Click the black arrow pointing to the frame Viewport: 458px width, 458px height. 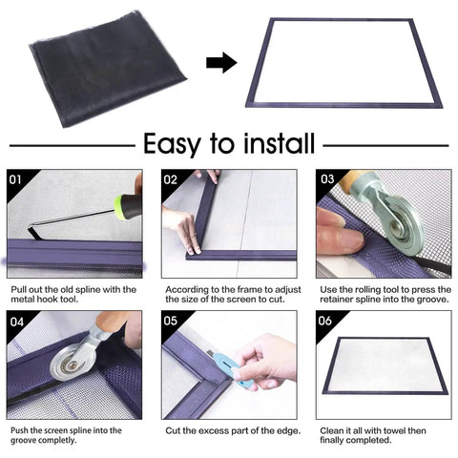[x=221, y=63]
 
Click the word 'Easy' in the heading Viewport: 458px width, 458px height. [x=174, y=144]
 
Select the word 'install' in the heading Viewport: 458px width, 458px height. [x=270, y=144]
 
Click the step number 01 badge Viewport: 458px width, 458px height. [x=15, y=178]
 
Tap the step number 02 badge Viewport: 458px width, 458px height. [x=171, y=178]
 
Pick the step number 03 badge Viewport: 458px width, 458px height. [x=326, y=178]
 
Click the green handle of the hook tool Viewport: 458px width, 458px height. [x=127, y=204]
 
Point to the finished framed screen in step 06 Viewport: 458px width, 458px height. [x=380, y=365]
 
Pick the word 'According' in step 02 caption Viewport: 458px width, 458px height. [x=185, y=289]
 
